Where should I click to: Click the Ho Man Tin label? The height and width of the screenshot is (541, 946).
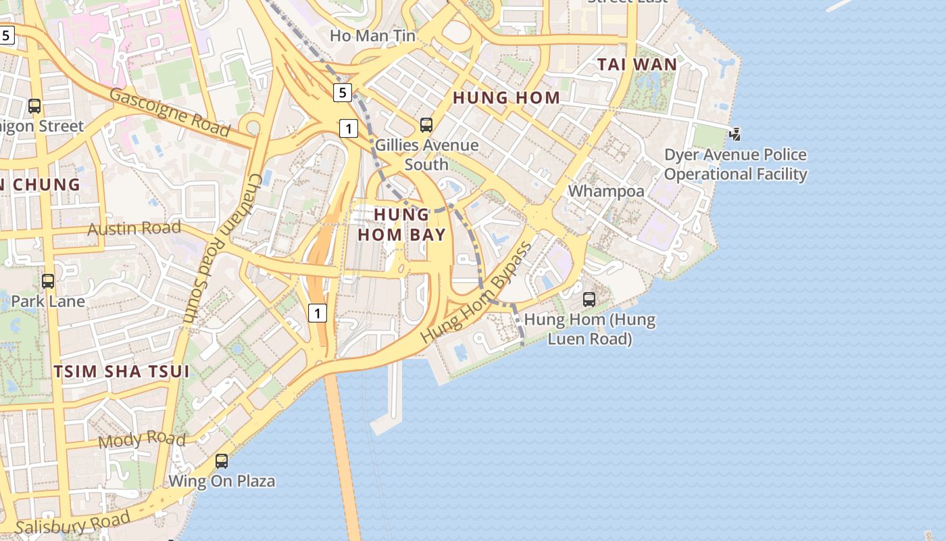pyautogui.click(x=372, y=35)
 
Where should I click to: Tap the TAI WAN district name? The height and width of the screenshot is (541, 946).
pyautogui.click(x=637, y=65)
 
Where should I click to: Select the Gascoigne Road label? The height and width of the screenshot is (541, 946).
pyautogui.click(x=170, y=112)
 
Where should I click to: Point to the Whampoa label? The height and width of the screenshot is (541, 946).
pyautogui.click(x=606, y=191)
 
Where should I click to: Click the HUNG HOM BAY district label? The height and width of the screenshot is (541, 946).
pyautogui.click(x=401, y=225)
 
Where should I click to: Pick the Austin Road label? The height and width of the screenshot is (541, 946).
pyautogui.click(x=134, y=228)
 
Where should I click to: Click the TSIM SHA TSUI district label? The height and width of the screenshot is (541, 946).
pyautogui.click(x=121, y=371)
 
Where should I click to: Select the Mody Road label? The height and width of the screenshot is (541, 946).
pyautogui.click(x=142, y=440)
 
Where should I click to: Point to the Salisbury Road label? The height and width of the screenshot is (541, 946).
pyautogui.click(x=72, y=523)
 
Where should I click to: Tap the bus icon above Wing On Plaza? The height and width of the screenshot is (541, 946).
pyautogui.click(x=222, y=461)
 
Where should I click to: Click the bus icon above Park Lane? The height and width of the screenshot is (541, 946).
pyautogui.click(x=48, y=281)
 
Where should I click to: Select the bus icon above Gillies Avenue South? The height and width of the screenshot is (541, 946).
pyautogui.click(x=426, y=125)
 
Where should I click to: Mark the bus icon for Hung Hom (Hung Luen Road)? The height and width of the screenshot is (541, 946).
pyautogui.click(x=589, y=299)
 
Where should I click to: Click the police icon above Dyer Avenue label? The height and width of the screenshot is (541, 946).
pyautogui.click(x=735, y=135)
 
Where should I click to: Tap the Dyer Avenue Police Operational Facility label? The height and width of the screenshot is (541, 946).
pyautogui.click(x=735, y=164)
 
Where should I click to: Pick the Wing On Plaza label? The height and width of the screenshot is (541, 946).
pyautogui.click(x=222, y=481)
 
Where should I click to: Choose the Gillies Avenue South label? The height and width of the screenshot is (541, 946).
pyautogui.click(x=426, y=155)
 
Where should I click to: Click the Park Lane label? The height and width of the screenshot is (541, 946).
pyautogui.click(x=48, y=301)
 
